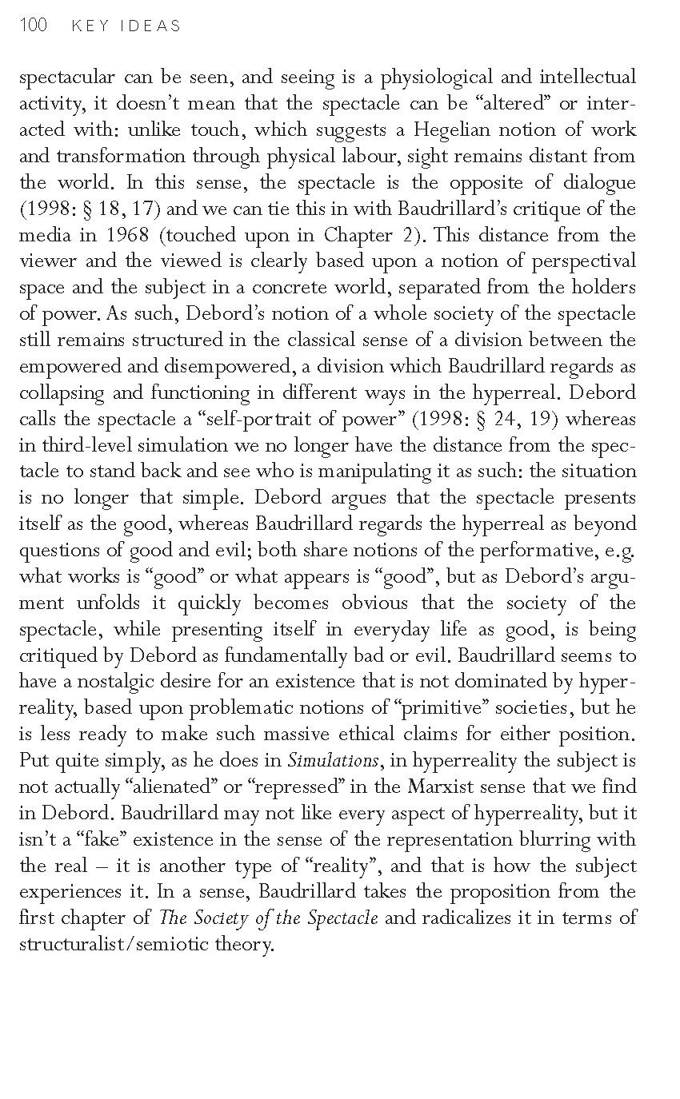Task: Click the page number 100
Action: point(32,26)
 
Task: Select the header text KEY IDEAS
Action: point(126,26)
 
